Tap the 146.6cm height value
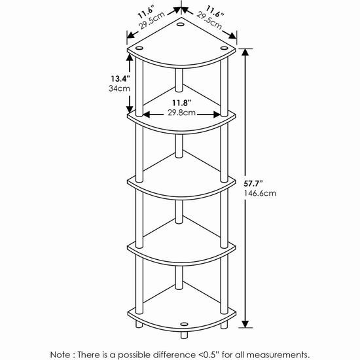(x=260, y=193)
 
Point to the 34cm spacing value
(x=119, y=88)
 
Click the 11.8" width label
(x=182, y=103)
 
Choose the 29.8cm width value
(x=181, y=113)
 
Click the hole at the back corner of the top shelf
(x=180, y=24)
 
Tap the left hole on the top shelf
(x=139, y=48)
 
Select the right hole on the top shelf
(x=224, y=48)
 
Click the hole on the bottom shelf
(x=184, y=324)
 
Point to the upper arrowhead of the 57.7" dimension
(x=245, y=52)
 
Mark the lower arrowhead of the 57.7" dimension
(x=245, y=324)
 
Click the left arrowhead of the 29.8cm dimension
(x=147, y=115)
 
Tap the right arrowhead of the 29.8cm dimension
(x=217, y=115)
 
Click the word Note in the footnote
(x=60, y=355)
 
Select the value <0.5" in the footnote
(x=208, y=355)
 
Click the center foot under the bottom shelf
(x=184, y=335)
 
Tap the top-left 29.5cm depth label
(x=152, y=20)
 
